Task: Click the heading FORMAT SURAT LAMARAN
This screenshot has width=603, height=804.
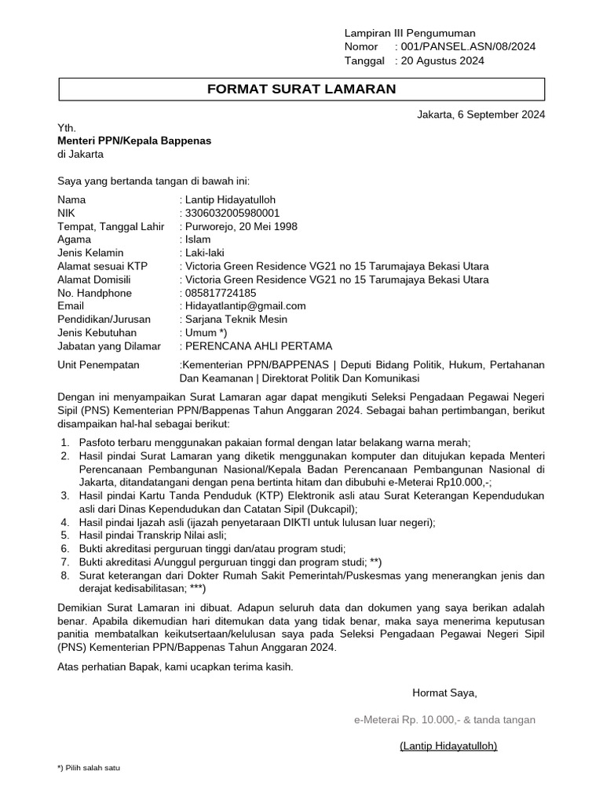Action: [x=301, y=90]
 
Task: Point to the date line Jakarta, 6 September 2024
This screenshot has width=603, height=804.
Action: [x=481, y=114]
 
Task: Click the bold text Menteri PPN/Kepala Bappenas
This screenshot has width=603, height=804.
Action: [x=134, y=141]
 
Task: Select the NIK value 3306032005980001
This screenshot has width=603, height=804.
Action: [x=229, y=213]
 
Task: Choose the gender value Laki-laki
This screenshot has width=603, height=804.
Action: [x=203, y=253]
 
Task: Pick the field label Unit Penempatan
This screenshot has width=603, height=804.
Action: [x=98, y=364]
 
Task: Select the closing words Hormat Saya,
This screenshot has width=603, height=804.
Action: [x=444, y=693]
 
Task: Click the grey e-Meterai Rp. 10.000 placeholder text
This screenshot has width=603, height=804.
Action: [x=444, y=719]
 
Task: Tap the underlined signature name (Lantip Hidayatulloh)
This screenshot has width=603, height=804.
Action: [x=448, y=745]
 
